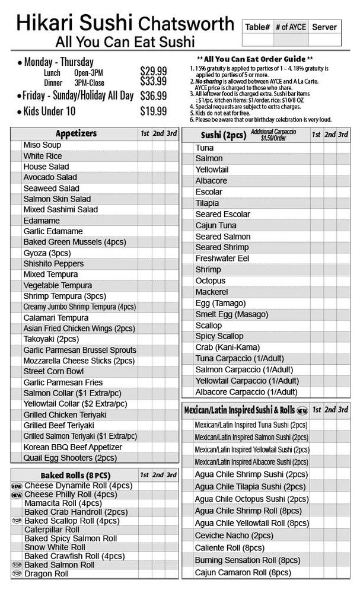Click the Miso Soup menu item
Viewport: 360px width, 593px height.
point(42,145)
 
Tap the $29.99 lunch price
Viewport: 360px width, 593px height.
point(153,71)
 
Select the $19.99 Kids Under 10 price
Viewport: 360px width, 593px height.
point(153,111)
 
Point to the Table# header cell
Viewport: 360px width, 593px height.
point(257,27)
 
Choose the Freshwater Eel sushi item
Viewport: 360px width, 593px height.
point(222,259)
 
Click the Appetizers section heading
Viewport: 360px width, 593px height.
point(76,133)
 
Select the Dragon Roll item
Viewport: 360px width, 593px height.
point(46,574)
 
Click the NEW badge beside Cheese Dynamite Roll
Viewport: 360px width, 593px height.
point(17,486)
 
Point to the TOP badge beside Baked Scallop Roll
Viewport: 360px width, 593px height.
point(17,521)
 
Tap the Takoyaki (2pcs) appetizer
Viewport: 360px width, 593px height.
point(51,339)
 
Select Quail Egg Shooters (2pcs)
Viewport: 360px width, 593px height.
point(70,458)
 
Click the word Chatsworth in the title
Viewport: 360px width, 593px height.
point(186,24)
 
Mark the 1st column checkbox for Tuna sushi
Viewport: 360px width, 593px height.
point(316,148)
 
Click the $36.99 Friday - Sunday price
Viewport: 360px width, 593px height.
point(153,95)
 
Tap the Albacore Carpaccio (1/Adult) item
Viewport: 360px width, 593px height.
point(246,392)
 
